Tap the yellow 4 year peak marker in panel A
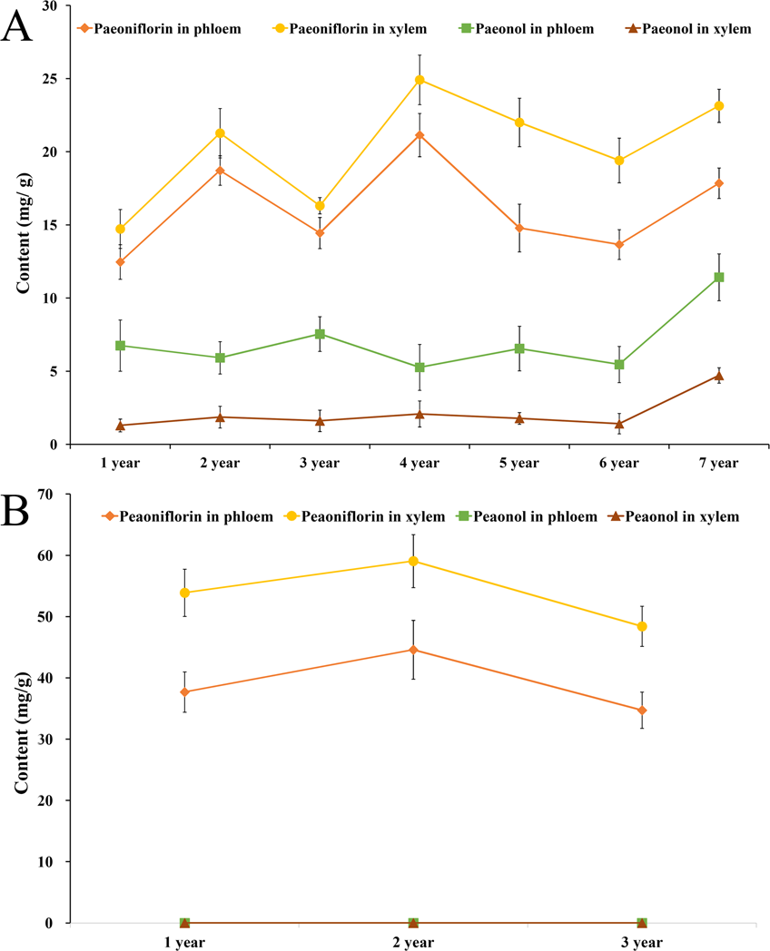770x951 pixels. (x=420, y=80)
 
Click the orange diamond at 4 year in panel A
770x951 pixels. (x=420, y=135)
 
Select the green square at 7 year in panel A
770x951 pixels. (x=718, y=277)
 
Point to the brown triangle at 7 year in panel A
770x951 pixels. (x=718, y=376)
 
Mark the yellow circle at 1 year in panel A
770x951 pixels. (x=120, y=229)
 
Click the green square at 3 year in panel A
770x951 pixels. (x=320, y=334)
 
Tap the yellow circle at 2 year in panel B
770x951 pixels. (x=413, y=561)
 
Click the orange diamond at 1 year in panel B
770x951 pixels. (x=184, y=692)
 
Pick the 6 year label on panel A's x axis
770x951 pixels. (x=618, y=464)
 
